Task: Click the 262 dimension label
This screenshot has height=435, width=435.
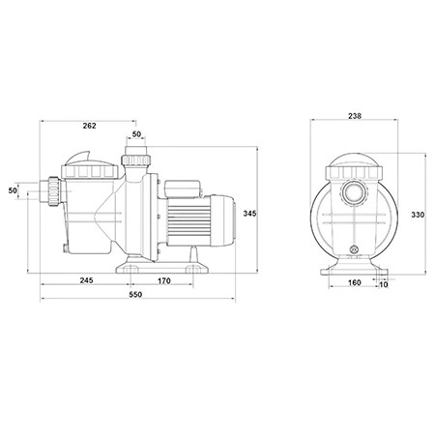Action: click(x=89, y=126)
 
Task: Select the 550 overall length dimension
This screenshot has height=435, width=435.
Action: click(x=135, y=294)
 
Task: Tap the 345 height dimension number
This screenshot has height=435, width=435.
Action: click(x=249, y=214)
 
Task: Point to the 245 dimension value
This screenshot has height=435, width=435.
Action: click(x=86, y=280)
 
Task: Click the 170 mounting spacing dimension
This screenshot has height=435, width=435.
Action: click(x=163, y=281)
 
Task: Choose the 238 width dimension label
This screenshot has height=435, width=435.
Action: click(x=355, y=116)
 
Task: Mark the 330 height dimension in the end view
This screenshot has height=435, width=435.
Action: click(x=418, y=215)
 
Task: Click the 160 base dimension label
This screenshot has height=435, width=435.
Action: click(x=355, y=282)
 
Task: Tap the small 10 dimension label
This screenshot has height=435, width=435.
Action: click(x=384, y=284)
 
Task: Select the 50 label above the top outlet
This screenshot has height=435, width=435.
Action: click(x=136, y=134)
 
